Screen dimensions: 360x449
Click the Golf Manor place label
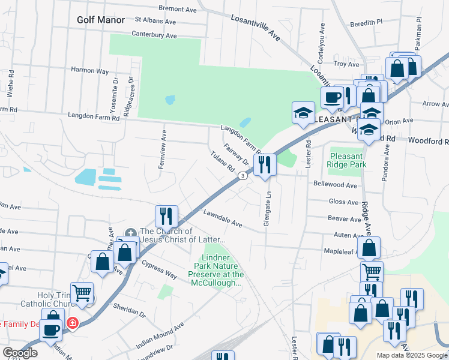coord(101,20)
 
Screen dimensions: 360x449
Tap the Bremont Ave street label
coord(178,8)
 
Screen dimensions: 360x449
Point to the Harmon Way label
coord(89,71)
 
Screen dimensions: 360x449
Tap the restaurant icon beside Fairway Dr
coord(265,164)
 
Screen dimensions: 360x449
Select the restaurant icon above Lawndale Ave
coord(166,216)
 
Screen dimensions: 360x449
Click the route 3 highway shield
coord(242,176)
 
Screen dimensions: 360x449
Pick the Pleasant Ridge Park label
coord(347,160)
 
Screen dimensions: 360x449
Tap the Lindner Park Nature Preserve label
coord(216,270)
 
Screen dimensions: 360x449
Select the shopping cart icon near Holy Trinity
coord(82,293)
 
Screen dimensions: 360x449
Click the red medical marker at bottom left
coord(73,323)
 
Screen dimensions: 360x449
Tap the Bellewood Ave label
coord(335,185)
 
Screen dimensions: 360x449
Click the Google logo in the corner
coord(20,353)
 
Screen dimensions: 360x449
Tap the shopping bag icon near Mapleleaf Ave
coord(370,247)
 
